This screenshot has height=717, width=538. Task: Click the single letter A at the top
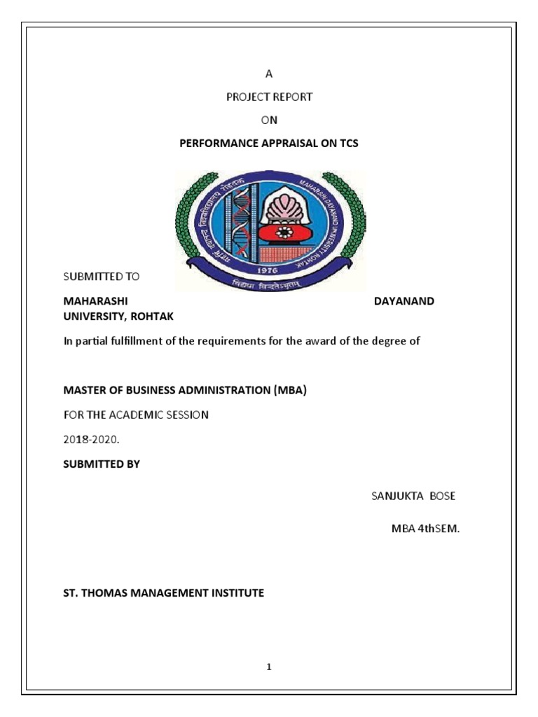pyautogui.click(x=268, y=74)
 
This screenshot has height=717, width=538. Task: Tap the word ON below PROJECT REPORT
pyautogui.click(x=269, y=120)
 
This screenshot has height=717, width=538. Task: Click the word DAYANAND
pyautogui.click(x=405, y=300)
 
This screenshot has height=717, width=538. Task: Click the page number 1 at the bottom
pyautogui.click(x=268, y=667)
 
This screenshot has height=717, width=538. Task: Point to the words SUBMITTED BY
pyautogui.click(x=102, y=464)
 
